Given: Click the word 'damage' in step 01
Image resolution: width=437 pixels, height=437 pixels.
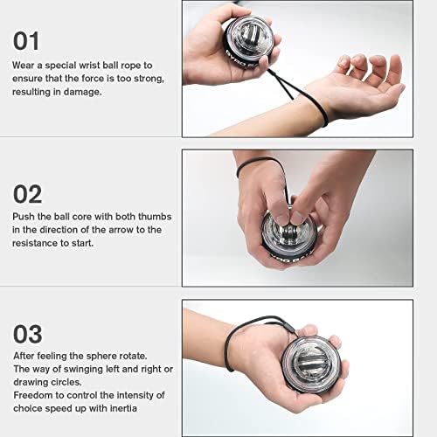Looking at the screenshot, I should [82, 92].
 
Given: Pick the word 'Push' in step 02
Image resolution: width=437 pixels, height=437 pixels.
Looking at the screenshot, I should [24, 216].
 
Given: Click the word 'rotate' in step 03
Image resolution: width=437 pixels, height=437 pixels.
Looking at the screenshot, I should [140, 356].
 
